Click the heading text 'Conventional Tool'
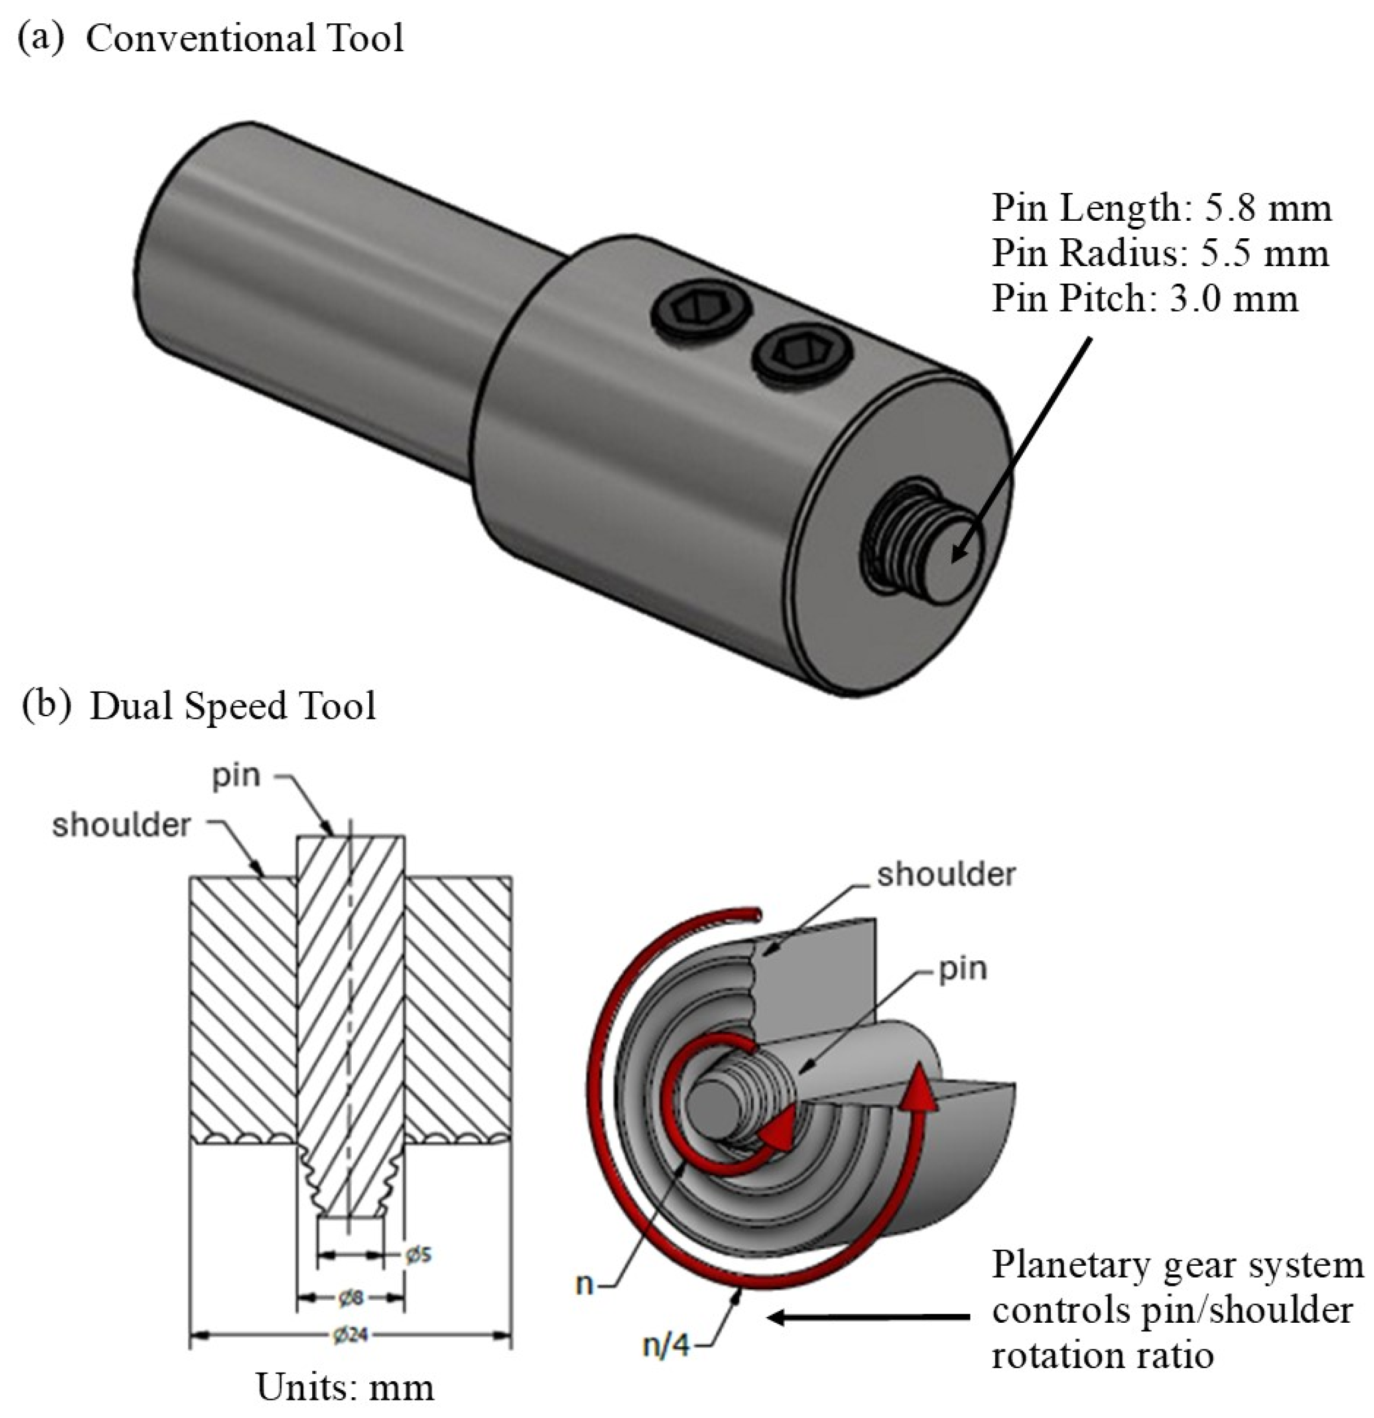click(x=244, y=38)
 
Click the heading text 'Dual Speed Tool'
click(x=233, y=705)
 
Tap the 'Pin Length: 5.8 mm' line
click(x=1160, y=208)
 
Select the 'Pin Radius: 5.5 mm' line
click(x=1159, y=253)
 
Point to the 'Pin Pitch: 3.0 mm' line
click(x=1144, y=298)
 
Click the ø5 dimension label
click(x=418, y=1254)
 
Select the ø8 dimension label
click(x=350, y=1298)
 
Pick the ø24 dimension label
click(x=350, y=1334)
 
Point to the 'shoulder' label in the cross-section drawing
click(x=121, y=826)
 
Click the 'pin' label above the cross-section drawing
click(x=236, y=776)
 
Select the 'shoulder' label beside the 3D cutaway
click(x=946, y=875)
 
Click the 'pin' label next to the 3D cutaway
click(x=963, y=969)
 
